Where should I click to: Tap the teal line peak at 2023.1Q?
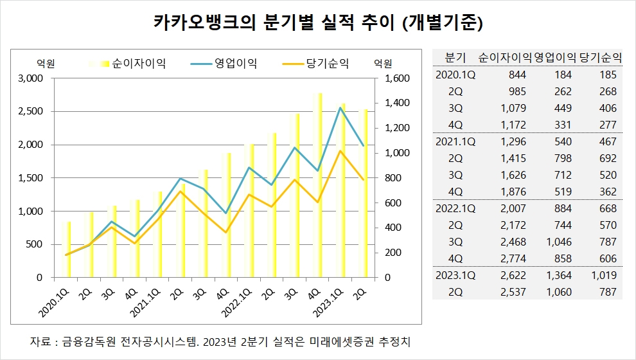340,107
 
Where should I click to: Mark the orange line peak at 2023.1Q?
340,151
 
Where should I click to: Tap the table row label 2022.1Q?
455,208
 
